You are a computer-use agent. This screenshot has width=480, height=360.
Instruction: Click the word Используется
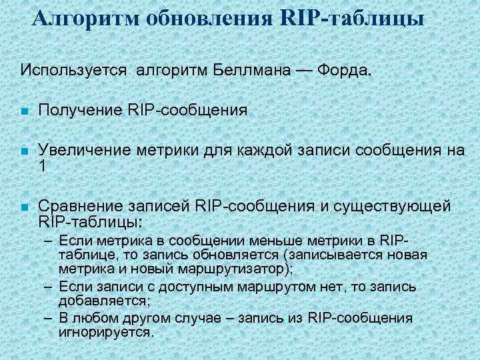coord(74,70)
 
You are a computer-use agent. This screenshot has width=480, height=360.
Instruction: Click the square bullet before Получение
coord(23,111)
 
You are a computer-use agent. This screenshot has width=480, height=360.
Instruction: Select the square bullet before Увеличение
coord(23,152)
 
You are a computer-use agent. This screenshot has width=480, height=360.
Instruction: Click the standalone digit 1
coord(43,167)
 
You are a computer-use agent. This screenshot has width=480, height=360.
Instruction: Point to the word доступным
coord(178,287)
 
